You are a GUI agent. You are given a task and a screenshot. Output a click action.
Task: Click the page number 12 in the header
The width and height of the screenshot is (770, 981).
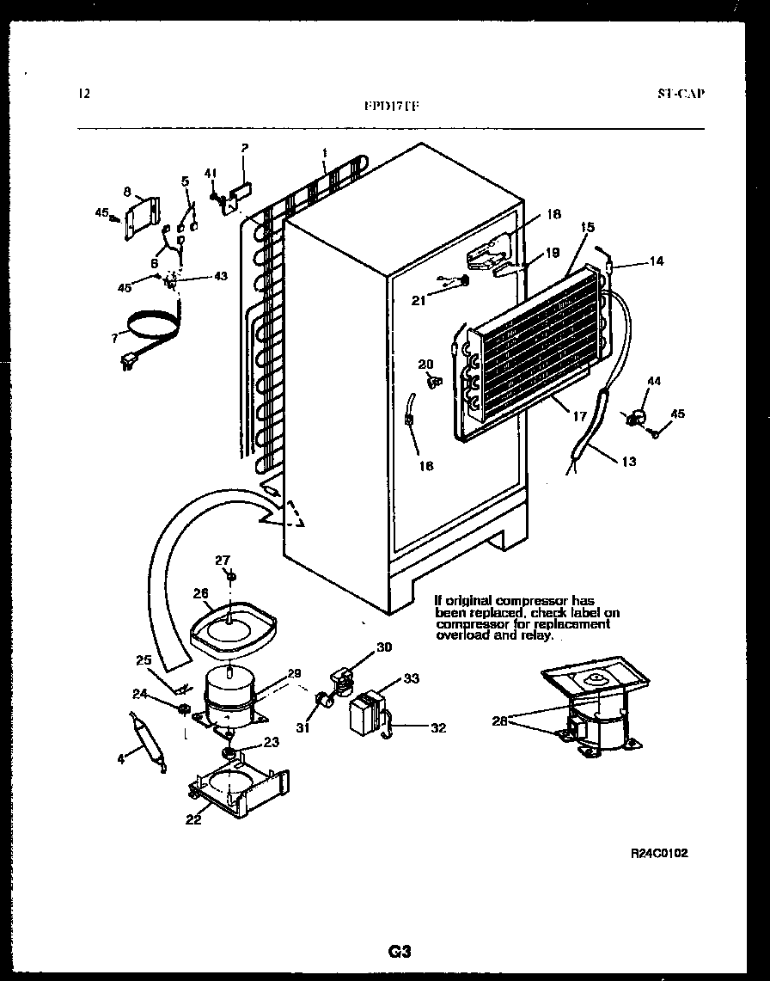pos(82,94)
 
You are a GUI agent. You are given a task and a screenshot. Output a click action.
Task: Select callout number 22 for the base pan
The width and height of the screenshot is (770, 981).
pos(193,819)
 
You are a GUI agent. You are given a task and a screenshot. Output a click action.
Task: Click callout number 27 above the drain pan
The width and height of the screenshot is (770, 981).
pos(223,561)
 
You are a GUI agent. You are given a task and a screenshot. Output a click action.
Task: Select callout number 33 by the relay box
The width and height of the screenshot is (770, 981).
pos(411,679)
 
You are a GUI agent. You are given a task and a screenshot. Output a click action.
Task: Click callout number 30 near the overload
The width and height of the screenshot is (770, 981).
pos(383,647)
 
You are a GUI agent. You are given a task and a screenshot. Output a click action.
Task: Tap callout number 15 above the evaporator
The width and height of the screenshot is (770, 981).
pos(588,228)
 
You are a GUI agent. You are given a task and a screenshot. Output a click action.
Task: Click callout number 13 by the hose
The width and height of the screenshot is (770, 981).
pos(628,462)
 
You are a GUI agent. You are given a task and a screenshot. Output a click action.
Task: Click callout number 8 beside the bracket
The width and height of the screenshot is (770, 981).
pos(126,192)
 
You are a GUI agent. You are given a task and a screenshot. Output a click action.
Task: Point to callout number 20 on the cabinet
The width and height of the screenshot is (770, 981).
pos(425,365)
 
